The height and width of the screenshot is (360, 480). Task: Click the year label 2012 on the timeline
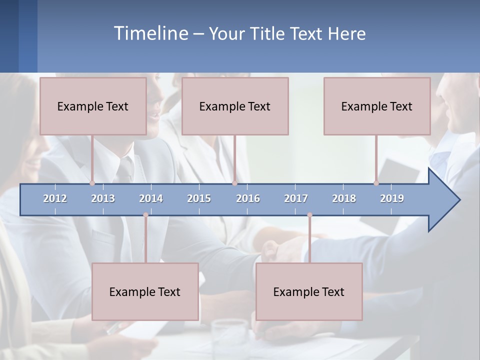pyautogui.click(x=55, y=198)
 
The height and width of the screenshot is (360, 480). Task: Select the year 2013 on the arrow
pyautogui.click(x=103, y=198)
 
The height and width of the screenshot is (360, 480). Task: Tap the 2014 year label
pyautogui.click(x=151, y=198)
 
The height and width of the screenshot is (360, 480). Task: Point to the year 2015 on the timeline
pyautogui.click(x=199, y=198)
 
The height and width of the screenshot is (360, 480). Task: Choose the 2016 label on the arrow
pyautogui.click(x=248, y=198)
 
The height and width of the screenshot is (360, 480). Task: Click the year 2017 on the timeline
pyautogui.click(x=296, y=198)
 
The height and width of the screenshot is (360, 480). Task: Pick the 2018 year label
pyautogui.click(x=344, y=198)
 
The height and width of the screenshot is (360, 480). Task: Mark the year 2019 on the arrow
pyautogui.click(x=392, y=198)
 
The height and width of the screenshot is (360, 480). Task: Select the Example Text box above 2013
pyautogui.click(x=93, y=106)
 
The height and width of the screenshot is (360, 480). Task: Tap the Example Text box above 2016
pyautogui.click(x=235, y=106)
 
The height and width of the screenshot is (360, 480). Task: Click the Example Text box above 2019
pyautogui.click(x=377, y=106)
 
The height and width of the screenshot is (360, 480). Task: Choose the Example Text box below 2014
pyautogui.click(x=145, y=292)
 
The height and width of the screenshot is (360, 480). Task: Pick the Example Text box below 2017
pyautogui.click(x=309, y=292)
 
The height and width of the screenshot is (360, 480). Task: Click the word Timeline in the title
pyautogui.click(x=150, y=33)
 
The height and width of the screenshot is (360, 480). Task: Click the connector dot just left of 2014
pyautogui.click(x=145, y=215)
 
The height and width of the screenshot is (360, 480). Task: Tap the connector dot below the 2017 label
pyautogui.click(x=309, y=215)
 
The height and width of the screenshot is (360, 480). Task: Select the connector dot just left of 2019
pyautogui.click(x=376, y=183)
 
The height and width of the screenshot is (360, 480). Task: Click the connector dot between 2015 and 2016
pyautogui.click(x=234, y=183)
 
